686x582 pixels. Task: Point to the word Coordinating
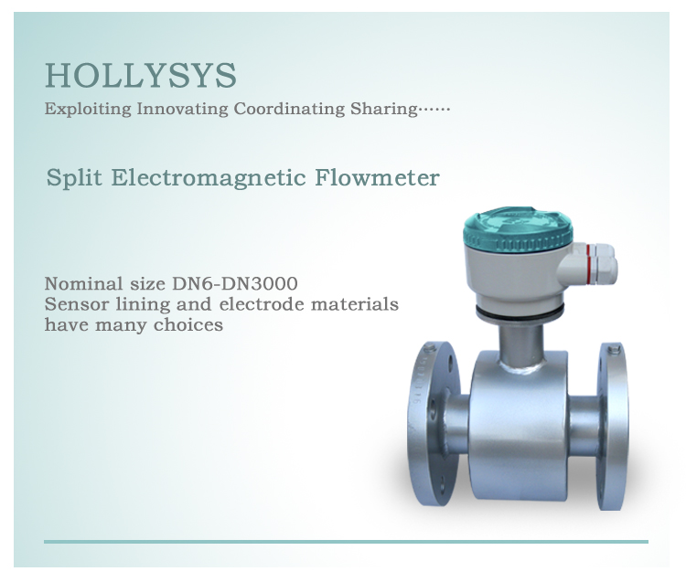click(x=289, y=111)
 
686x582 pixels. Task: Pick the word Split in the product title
click(x=74, y=177)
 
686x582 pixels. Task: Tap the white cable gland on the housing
click(x=602, y=266)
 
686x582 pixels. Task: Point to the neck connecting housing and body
click(x=520, y=343)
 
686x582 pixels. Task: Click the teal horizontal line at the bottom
click(x=346, y=541)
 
